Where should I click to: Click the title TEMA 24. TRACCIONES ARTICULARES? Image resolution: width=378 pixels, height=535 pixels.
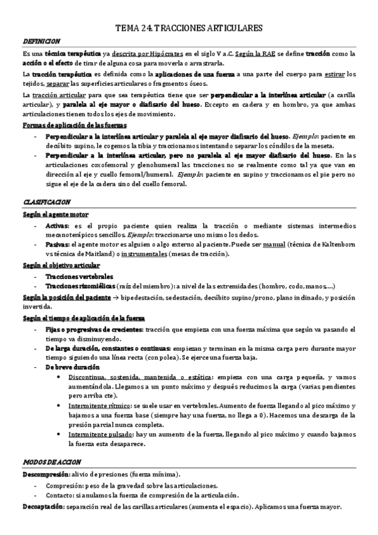point(189,28)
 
